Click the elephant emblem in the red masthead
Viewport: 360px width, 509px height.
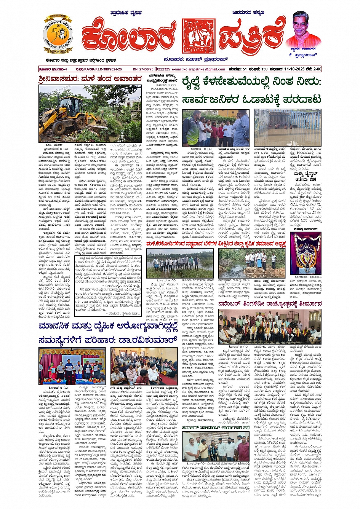point(198,36)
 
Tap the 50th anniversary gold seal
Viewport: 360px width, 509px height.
point(58,35)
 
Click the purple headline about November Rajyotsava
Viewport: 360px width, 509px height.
point(270,304)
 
